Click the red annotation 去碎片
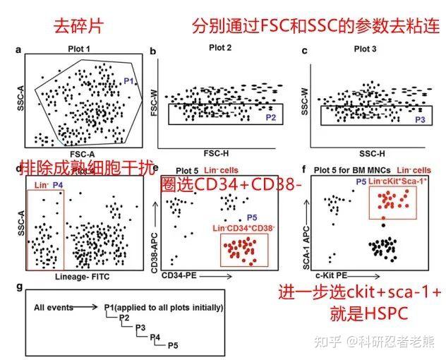[x=79, y=27]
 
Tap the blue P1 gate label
[x=128, y=81]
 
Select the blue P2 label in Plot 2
[x=271, y=117]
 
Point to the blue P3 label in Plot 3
[x=420, y=120]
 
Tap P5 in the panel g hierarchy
[x=172, y=346]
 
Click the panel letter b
[x=152, y=51]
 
